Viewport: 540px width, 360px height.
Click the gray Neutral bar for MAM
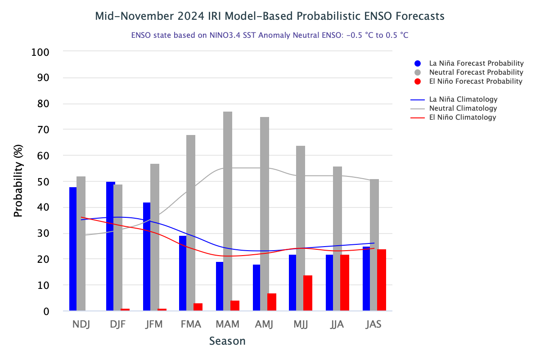click(x=228, y=211)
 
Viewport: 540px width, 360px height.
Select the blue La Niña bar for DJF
click(x=111, y=246)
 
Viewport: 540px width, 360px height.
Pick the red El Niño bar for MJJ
click(x=308, y=293)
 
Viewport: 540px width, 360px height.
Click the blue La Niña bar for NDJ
click(x=73, y=249)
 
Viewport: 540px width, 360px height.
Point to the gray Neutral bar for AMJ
click(x=265, y=214)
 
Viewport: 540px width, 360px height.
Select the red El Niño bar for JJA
click(x=345, y=283)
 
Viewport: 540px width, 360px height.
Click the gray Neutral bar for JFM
click(x=155, y=237)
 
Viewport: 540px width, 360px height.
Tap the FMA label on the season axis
click(x=190, y=324)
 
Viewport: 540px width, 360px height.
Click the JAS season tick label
click(x=374, y=324)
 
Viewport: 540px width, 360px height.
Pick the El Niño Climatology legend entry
click(x=462, y=117)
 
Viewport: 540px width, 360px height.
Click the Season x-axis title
click(x=227, y=341)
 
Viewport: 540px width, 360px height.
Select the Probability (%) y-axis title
click(x=18, y=181)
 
